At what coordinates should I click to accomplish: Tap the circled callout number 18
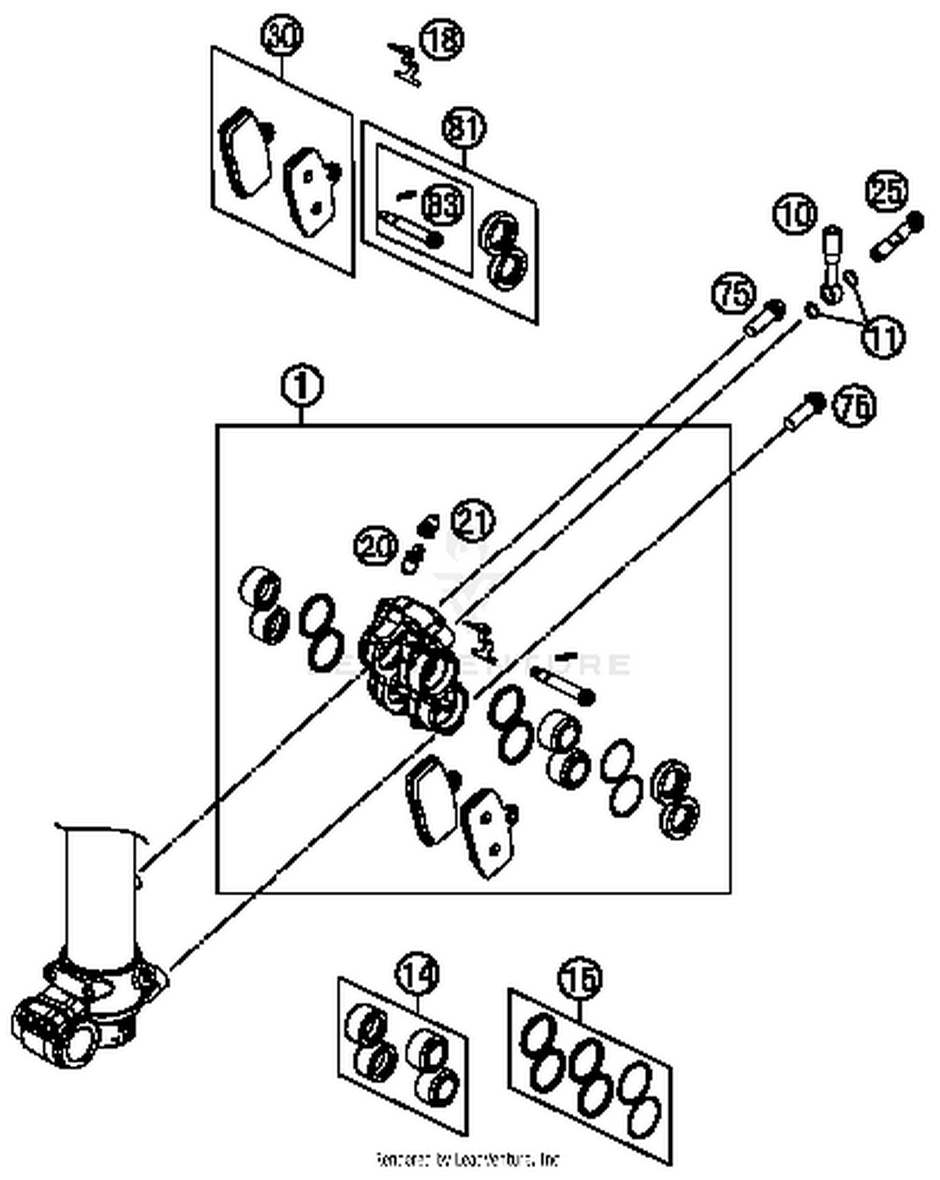(442, 39)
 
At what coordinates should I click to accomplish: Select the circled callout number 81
(464, 128)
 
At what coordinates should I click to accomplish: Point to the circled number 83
(442, 204)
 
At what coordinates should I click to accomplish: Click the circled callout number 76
(854, 406)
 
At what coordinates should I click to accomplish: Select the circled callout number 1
(303, 387)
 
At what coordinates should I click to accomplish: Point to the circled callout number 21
(473, 520)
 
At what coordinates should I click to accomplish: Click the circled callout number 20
(376, 546)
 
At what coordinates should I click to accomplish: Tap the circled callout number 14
(417, 974)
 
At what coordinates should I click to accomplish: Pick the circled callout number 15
(580, 978)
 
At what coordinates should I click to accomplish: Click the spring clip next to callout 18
(405, 63)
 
